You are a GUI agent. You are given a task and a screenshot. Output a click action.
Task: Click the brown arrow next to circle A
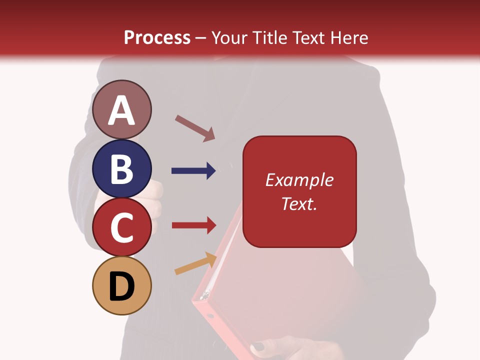pyautogui.click(x=194, y=127)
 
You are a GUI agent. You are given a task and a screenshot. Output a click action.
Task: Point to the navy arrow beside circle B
pyautogui.click(x=193, y=171)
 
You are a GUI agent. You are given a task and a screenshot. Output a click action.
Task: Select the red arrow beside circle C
pyautogui.click(x=193, y=225)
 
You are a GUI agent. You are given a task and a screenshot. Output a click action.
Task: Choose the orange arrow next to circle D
pyautogui.click(x=195, y=263)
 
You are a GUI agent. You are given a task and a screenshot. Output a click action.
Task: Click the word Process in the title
pyautogui.click(x=157, y=37)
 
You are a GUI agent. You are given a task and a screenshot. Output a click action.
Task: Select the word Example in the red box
pyautogui.click(x=299, y=180)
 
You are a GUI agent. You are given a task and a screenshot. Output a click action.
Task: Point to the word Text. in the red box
pyautogui.click(x=299, y=203)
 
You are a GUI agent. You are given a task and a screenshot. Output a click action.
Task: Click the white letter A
pyautogui.click(x=122, y=111)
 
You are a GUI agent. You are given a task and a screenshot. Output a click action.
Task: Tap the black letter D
pyautogui.click(x=122, y=287)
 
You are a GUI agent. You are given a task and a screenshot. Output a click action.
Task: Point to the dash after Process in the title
pyautogui.click(x=201, y=38)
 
